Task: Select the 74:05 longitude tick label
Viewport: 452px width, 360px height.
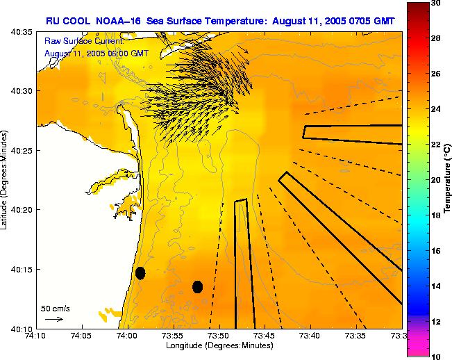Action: click(x=81, y=336)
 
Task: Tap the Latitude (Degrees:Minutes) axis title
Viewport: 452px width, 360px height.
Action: click(x=6, y=180)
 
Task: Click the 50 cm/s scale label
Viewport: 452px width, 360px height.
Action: click(x=55, y=308)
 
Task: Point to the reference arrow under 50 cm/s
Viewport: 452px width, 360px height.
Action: click(x=54, y=319)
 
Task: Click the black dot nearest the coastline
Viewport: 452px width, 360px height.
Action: click(x=140, y=273)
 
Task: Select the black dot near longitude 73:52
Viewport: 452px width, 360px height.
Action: click(x=197, y=286)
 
